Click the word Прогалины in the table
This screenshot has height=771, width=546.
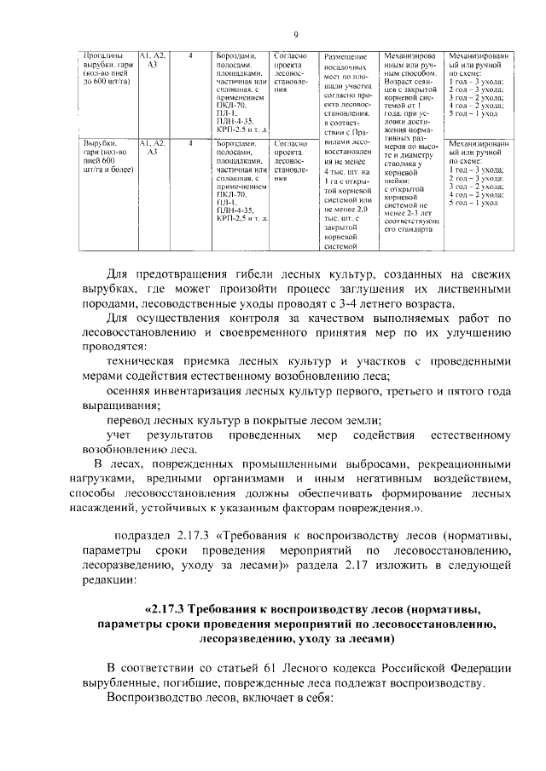(102, 55)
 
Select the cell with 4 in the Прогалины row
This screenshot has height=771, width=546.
(189, 55)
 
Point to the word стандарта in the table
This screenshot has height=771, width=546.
(413, 229)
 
